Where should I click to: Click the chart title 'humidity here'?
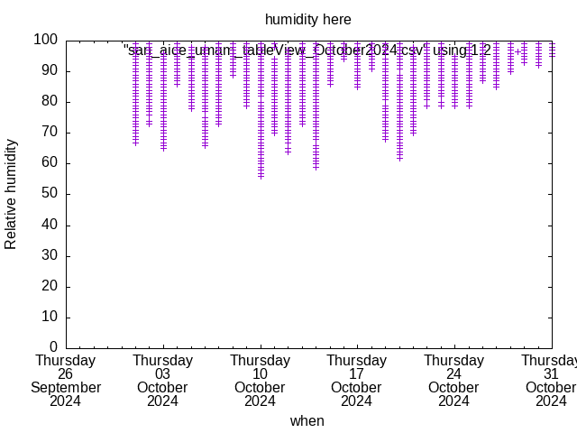[307, 19]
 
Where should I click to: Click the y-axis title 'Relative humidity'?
[11, 194]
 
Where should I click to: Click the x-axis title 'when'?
[307, 420]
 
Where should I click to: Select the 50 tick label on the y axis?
[50, 194]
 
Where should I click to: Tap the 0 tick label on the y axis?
[54, 347]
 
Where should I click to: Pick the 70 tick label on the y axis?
[50, 133]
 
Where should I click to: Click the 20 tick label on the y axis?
[50, 286]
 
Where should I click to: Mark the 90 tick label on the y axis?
[50, 70]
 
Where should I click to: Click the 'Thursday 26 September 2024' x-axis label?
[65, 381]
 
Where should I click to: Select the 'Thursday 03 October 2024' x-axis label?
[162, 381]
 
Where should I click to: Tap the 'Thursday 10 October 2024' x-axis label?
[260, 381]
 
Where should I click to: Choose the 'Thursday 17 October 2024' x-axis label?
[357, 381]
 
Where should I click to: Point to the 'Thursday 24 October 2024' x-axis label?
[453, 381]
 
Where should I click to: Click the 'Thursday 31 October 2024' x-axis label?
[551, 381]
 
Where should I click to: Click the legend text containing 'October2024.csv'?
[307, 51]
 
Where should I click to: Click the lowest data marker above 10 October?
[261, 176]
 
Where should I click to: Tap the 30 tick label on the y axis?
[50, 255]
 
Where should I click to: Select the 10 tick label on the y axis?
[50, 317]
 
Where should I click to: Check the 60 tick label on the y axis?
[50, 163]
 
